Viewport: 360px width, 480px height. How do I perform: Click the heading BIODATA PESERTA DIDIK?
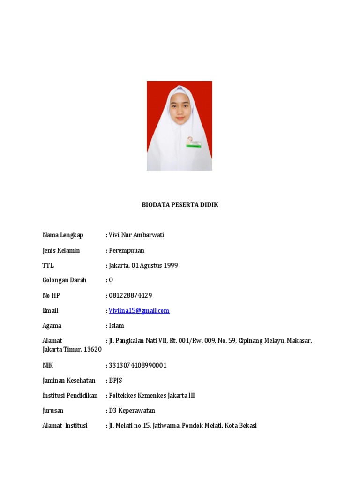180,205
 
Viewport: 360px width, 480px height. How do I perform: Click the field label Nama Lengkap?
63,235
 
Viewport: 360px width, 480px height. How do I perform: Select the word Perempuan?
127,250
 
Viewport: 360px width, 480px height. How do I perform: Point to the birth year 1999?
171,265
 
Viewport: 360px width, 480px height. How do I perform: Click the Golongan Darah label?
65,280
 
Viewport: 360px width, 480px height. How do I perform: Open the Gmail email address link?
139,310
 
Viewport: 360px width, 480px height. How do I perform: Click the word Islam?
117,325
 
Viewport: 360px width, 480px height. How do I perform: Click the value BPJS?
115,380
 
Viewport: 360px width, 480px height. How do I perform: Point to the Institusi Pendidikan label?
70,395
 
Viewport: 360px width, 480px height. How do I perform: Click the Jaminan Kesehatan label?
69,380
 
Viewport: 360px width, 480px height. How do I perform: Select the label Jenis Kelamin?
61,250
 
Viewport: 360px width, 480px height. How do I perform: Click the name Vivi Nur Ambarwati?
136,235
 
